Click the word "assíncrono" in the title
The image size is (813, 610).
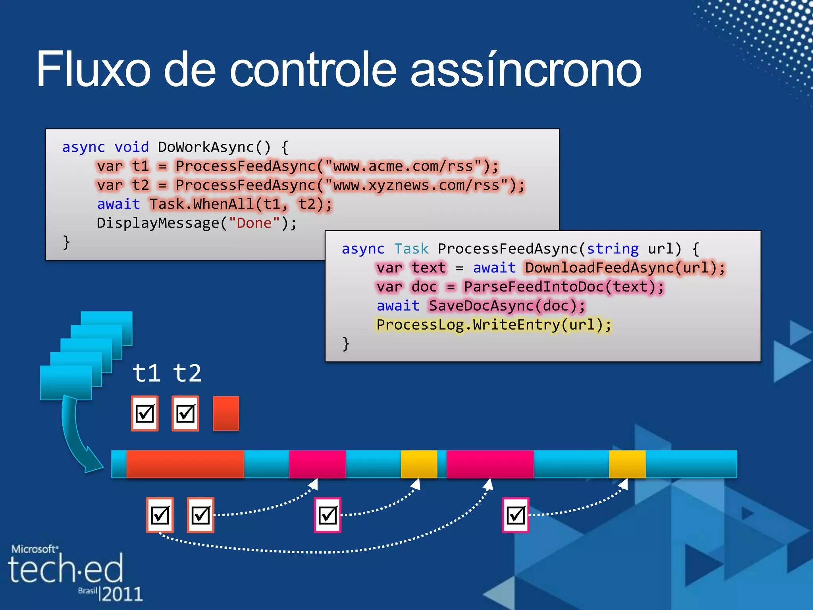click(526, 70)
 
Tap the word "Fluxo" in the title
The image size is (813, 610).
click(93, 69)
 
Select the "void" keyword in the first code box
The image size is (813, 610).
click(131, 147)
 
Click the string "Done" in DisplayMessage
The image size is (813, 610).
click(254, 223)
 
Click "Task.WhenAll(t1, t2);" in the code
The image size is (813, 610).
click(241, 205)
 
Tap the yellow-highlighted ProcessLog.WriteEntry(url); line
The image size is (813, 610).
click(494, 325)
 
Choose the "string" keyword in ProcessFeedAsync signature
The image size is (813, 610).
click(613, 249)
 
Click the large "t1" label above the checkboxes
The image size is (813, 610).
click(146, 373)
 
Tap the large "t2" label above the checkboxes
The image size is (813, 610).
click(187, 373)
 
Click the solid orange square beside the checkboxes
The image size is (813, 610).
click(226, 413)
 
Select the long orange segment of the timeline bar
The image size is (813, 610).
click(185, 464)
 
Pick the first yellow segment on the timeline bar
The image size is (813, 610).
click(419, 464)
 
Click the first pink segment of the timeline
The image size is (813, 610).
click(317, 464)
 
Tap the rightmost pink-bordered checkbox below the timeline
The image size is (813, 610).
click(516, 515)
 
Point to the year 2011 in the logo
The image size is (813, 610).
click(122, 594)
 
